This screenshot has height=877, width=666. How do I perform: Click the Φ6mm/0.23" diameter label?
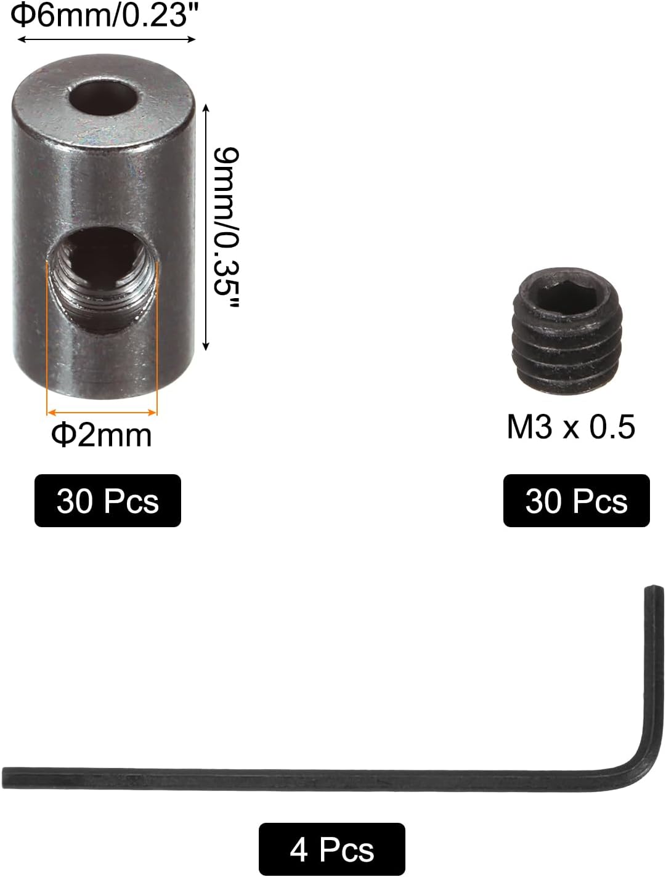click(x=99, y=15)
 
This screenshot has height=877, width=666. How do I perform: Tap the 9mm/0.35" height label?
click(x=224, y=227)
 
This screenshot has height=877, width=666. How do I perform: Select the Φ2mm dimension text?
click(x=102, y=435)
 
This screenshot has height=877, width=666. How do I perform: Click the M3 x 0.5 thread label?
click(x=571, y=427)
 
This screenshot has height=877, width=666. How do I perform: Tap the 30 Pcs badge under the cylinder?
click(x=108, y=501)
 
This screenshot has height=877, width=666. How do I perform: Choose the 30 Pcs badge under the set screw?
click(x=576, y=501)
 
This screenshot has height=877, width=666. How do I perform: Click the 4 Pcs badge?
click(x=331, y=850)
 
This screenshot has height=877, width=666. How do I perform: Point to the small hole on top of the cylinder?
click(x=102, y=97)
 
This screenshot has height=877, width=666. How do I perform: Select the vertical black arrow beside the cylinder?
click(x=206, y=227)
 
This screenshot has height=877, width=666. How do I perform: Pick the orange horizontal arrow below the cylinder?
click(x=102, y=412)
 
